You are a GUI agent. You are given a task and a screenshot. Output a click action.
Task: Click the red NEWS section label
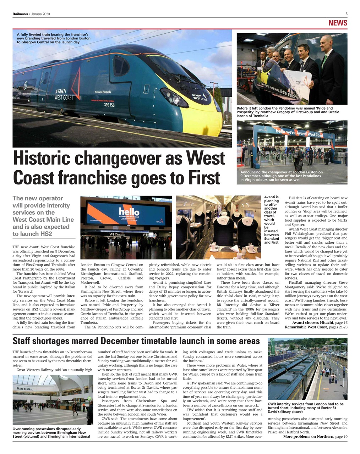337,23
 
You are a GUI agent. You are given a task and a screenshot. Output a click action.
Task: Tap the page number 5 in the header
346,14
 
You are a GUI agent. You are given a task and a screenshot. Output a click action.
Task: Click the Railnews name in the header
21,14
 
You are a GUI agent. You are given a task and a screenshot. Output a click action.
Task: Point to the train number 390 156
109,105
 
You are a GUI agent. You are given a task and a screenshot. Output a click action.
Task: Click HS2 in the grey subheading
46,234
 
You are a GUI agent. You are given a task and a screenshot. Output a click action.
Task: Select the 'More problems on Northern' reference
308,437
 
